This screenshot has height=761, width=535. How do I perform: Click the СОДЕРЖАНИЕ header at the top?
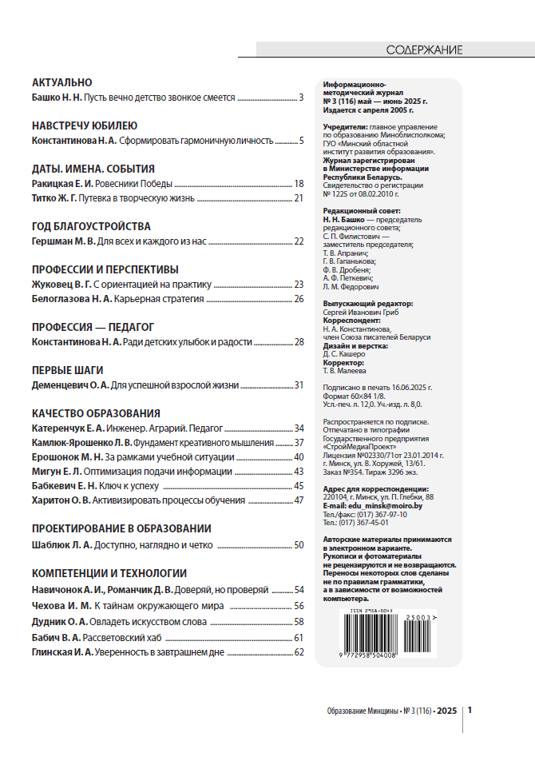[x=424, y=50]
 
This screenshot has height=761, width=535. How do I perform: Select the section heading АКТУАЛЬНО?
[x=62, y=82]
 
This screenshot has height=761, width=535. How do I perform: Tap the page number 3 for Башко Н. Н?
[x=302, y=98]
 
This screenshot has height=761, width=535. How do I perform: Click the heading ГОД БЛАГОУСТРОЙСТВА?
[x=91, y=226]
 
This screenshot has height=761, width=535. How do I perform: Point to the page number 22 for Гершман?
[x=299, y=241]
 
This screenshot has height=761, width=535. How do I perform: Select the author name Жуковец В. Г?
[x=61, y=284]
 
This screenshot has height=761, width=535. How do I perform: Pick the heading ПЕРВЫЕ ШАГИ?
[x=67, y=370]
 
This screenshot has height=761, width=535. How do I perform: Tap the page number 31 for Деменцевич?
[x=299, y=385]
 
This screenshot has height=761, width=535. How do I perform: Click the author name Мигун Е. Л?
[x=53, y=472]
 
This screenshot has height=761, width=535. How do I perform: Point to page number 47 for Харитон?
[x=299, y=500]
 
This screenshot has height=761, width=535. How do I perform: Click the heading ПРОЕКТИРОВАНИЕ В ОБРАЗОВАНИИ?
[x=121, y=528]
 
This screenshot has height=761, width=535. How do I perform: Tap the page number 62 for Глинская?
[x=299, y=652]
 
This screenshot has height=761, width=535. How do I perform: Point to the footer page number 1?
[x=471, y=710]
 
